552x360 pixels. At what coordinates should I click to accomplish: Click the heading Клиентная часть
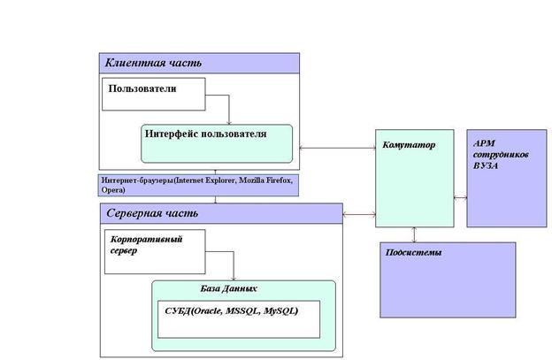pos(153,63)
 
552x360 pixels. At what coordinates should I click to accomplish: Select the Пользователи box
pos(154,94)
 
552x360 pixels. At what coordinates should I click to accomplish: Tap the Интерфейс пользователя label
pos(205,134)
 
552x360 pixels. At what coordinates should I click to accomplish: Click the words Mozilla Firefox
pos(265,180)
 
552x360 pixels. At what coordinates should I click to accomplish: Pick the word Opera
pos(112,190)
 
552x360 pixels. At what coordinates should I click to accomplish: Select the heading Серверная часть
pos(152,213)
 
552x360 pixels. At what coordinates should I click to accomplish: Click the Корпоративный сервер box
pos(155,251)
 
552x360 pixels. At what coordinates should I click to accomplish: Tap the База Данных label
pos(228,288)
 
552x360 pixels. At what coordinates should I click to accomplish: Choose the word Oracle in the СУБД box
pos(208,311)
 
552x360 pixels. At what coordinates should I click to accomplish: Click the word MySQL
pos(280,311)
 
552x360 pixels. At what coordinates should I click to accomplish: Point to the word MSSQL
pos(242,311)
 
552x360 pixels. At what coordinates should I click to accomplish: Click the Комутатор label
pos(409,145)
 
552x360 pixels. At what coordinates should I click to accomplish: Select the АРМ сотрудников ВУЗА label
pos(501,155)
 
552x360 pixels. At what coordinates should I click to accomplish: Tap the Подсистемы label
pos(413,252)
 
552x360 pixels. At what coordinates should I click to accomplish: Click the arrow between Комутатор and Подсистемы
pos(414,234)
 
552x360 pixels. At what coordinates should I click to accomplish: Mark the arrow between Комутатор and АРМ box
pos(461,198)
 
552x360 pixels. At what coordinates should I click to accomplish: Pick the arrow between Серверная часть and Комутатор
pos(359,214)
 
